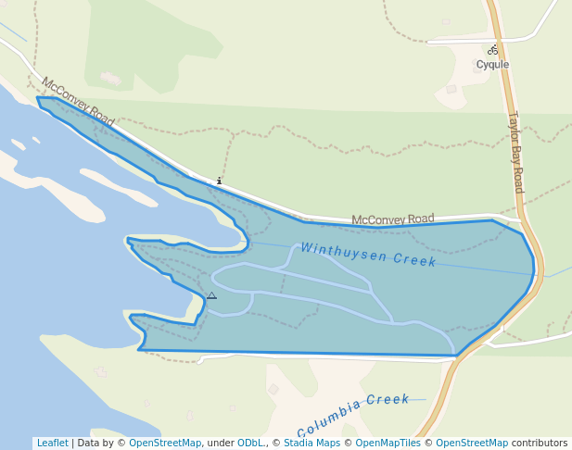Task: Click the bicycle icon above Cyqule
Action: tap(493, 50)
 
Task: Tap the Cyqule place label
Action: tap(493, 65)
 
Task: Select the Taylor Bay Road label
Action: tap(515, 153)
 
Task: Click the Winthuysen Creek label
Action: tap(368, 255)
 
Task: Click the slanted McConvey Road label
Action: tap(78, 102)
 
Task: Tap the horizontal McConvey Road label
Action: tap(392, 219)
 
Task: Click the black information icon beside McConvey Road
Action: tap(219, 181)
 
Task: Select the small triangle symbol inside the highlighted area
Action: tap(211, 295)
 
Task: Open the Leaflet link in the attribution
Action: tap(52, 444)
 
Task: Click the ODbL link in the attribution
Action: tap(250, 444)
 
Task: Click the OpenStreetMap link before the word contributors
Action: tap(472, 444)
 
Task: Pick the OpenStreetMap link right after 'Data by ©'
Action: tap(165, 444)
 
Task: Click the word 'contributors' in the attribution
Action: tap(540, 444)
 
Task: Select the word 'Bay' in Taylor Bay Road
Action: tap(515, 152)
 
